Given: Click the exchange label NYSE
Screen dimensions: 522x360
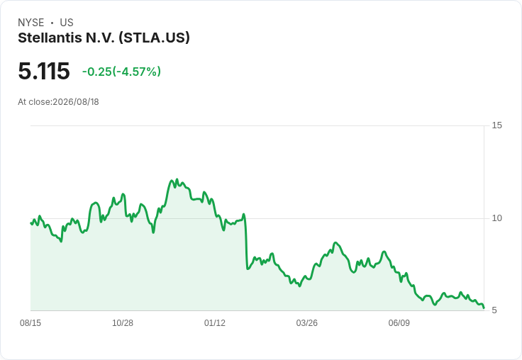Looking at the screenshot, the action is click(31, 23).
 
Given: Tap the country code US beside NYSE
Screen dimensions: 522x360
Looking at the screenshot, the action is click(67, 23).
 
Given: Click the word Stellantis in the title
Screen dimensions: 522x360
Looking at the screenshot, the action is click(50, 38).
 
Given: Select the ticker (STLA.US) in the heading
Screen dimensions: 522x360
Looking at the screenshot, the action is click(154, 38).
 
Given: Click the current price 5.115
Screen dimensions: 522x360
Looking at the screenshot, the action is click(44, 71).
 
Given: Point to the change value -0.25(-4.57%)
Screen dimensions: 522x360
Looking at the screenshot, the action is click(121, 72).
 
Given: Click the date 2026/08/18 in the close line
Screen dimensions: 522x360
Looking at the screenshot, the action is click(76, 102).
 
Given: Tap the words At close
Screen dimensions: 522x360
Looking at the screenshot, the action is click(34, 102).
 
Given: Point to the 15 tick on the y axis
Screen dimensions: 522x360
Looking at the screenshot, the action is click(496, 125).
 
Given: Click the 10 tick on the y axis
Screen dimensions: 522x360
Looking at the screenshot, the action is click(496, 218).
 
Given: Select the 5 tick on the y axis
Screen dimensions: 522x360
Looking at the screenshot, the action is click(494, 310).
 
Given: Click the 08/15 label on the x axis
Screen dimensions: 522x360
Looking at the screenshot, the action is click(30, 323).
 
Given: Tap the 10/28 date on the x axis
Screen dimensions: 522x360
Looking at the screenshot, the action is click(123, 323).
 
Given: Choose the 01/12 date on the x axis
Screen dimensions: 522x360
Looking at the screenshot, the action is click(215, 323).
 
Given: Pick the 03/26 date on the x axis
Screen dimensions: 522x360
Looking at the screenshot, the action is click(307, 323).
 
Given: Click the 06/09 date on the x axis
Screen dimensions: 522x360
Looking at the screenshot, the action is click(399, 323).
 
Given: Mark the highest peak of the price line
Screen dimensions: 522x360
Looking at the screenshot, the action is click(177, 179).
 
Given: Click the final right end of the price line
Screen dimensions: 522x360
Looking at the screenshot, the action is click(484, 308).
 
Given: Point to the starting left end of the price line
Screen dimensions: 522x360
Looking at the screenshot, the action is click(31, 223).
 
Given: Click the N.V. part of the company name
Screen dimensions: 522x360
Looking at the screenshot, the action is click(100, 38).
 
